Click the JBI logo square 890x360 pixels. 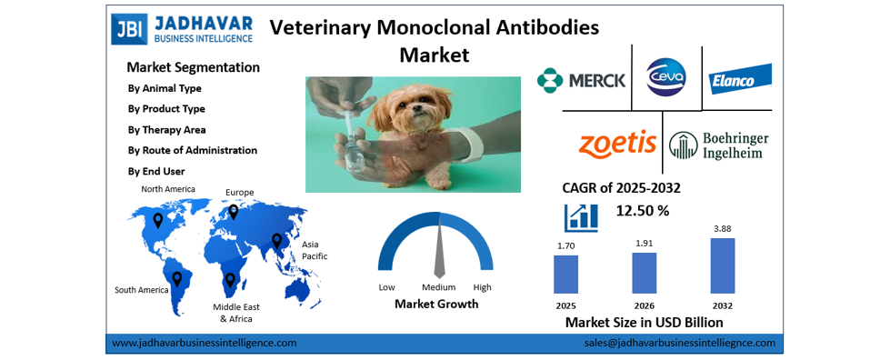pos(127,28)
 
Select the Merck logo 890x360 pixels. pos(582,80)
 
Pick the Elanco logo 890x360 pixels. pos(740,79)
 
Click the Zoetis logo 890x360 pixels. pos(617,144)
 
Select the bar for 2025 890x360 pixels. pos(565,274)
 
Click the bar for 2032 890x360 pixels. pos(722,265)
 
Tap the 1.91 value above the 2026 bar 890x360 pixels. pos(644,244)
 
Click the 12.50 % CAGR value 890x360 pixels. pos(643,211)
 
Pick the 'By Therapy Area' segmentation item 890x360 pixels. pos(167,130)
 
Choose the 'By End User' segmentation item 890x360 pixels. pos(157,171)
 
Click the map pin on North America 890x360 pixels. pos(158,220)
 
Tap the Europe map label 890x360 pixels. pos(240,192)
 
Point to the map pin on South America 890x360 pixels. pos(177,277)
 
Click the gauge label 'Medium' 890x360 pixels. pos(438,287)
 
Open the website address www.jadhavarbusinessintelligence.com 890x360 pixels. pos(205,343)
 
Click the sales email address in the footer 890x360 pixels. pos(679,343)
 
